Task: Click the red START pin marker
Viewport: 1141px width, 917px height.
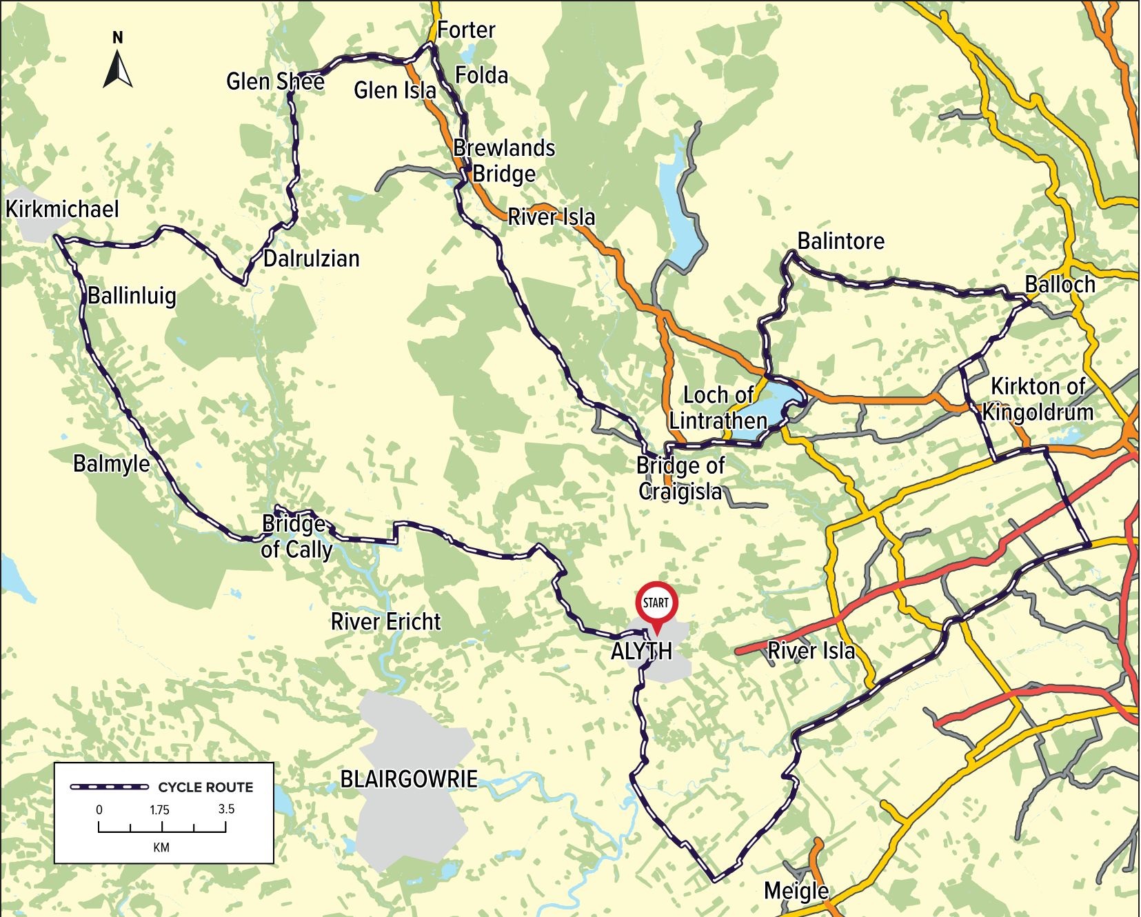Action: click(x=656, y=604)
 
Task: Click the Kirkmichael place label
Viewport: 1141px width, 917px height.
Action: click(x=62, y=209)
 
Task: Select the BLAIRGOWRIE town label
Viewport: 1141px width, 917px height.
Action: click(x=409, y=779)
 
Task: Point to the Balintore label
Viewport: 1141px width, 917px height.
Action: click(x=840, y=241)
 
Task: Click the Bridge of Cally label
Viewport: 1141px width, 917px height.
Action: click(x=296, y=537)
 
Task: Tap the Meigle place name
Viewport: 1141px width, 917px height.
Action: click(x=796, y=890)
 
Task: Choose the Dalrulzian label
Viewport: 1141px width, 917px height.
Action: click(x=312, y=259)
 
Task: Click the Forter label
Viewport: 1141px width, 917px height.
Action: click(x=466, y=30)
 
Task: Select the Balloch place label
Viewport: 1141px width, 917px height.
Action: click(x=1060, y=284)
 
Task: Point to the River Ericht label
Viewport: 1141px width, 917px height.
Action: click(x=385, y=622)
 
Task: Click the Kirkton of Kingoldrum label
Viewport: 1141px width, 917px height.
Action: click(x=1038, y=399)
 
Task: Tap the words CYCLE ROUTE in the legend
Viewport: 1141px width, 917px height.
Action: click(x=205, y=787)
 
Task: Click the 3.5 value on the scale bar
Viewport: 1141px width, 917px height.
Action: click(x=226, y=809)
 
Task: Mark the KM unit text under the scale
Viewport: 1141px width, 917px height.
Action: click(x=161, y=847)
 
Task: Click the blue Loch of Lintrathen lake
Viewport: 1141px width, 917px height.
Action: click(x=782, y=403)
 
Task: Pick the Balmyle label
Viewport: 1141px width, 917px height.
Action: click(x=111, y=463)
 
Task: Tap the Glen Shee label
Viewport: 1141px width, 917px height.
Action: click(x=275, y=81)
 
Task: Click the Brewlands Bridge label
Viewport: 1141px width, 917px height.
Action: click(x=504, y=161)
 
